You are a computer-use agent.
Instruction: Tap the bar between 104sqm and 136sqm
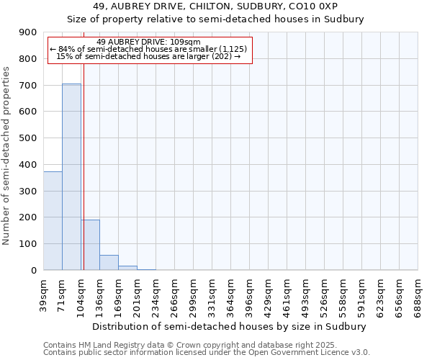click(90, 245)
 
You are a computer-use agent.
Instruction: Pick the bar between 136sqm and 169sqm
click(109, 262)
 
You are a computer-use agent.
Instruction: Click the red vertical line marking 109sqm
click(84, 180)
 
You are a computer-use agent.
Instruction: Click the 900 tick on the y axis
click(28, 32)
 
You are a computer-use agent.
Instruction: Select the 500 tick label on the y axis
click(28, 138)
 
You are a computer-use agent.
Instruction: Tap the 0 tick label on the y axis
click(33, 270)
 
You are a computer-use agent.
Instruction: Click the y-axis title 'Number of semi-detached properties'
click(7, 156)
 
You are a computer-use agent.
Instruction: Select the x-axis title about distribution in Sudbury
click(230, 326)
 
